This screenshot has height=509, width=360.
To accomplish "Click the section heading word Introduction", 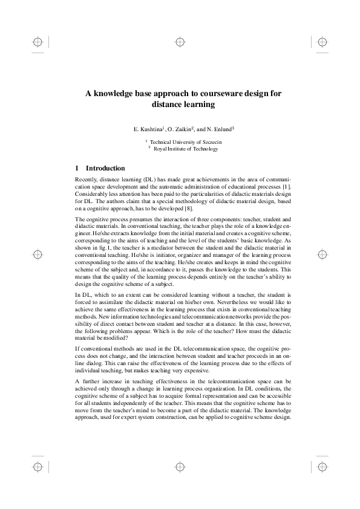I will point(105,168).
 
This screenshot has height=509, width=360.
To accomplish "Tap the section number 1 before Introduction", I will point(76,168).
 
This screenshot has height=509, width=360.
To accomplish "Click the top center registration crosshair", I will point(180,42).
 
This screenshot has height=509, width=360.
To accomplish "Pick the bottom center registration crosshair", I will point(180,467).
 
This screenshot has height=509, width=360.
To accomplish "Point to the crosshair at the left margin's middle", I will point(38,254).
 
